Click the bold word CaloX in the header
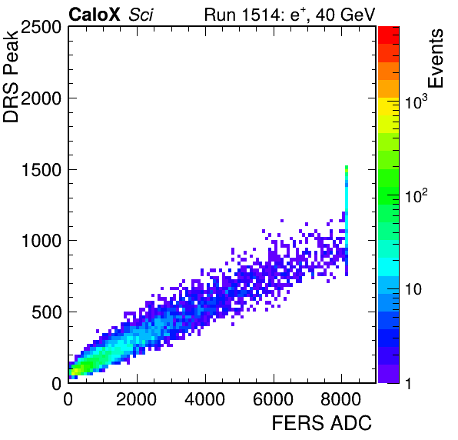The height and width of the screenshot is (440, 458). point(95,15)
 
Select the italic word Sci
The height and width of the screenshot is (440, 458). point(141,15)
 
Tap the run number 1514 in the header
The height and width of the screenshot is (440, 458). point(261,15)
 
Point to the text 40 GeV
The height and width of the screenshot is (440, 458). point(345,15)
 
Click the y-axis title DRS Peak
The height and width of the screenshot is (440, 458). point(11,76)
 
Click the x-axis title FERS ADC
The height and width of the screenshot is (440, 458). point(322,423)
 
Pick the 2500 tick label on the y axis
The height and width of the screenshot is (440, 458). point(41,28)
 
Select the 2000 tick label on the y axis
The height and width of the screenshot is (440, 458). point(41,98)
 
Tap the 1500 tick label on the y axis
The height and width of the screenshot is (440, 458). point(41,170)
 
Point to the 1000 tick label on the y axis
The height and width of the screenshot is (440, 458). point(41,242)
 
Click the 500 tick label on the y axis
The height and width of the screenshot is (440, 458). point(46,312)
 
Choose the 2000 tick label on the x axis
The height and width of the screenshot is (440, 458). point(137,399)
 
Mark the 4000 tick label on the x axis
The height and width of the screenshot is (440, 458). point(204,399)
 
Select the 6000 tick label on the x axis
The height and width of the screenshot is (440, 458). point(273,399)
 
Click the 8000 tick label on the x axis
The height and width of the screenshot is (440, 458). point(341,399)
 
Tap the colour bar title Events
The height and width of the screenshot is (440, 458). point(436,58)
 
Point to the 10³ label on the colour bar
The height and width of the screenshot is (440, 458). point(416,102)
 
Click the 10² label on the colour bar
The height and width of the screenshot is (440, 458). point(416,195)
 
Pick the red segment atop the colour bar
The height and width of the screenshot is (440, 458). point(389,35)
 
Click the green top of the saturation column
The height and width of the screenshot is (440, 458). point(347,168)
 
